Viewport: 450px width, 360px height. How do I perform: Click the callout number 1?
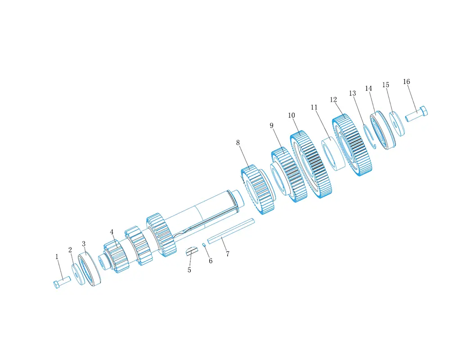pos(57,256)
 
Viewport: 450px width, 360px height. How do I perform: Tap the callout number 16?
pos(406,81)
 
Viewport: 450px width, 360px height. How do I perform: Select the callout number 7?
pos(228,254)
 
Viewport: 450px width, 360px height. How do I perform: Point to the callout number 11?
pos(314,107)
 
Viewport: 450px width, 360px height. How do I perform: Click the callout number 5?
pos(189,270)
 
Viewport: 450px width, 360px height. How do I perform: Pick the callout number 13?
pos(352,93)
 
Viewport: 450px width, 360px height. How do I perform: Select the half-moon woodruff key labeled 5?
pos(191,251)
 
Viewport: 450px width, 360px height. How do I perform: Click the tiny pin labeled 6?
pos(204,245)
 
